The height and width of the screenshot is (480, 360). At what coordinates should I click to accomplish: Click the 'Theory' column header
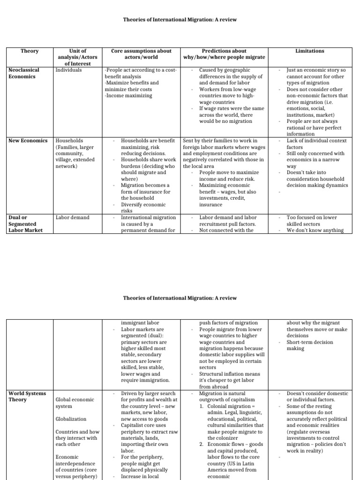(30, 51)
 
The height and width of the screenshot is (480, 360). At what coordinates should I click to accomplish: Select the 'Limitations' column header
(309, 51)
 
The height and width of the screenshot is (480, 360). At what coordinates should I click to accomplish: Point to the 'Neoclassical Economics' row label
(24, 73)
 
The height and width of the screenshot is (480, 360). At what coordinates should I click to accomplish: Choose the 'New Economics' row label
(28, 141)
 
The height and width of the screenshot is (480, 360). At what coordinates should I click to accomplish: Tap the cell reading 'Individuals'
(68, 70)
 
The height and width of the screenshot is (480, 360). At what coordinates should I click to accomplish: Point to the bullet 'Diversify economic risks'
(143, 208)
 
